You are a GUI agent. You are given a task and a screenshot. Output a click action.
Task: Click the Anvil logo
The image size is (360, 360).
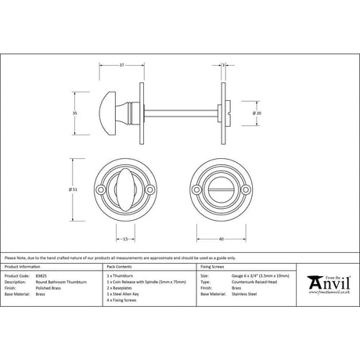(329, 280)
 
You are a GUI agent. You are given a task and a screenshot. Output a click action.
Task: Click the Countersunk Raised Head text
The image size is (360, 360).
(251, 282)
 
